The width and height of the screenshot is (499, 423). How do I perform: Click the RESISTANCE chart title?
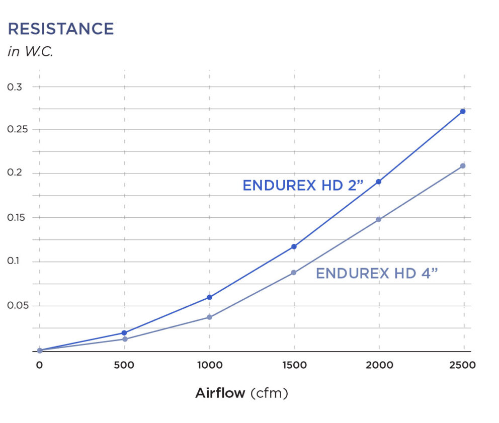tap(61, 29)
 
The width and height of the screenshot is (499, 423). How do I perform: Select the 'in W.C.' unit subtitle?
tap(30, 52)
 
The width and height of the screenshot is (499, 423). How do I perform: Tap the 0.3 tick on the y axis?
tap(15, 87)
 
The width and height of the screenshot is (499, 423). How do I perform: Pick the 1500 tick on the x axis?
tap(294, 365)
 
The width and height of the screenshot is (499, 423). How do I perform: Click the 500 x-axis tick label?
tap(124, 365)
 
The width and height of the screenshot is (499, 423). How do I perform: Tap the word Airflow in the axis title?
tap(220, 393)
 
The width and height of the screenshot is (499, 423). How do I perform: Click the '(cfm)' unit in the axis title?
tap(269, 393)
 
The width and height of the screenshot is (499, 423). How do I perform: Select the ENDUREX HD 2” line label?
tap(302, 186)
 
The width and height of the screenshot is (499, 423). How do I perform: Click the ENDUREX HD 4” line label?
tap(377, 274)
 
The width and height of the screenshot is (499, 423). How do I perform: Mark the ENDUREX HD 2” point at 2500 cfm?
tap(463, 111)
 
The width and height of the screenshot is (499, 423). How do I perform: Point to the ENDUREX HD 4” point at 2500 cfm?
tap(463, 165)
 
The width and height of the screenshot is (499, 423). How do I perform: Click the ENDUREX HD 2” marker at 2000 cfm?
tap(378, 182)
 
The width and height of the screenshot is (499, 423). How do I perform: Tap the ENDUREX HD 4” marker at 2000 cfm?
tap(378, 219)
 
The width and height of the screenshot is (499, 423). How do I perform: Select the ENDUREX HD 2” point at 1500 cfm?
tap(294, 246)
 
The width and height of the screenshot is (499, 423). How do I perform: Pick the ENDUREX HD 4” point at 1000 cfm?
tap(209, 317)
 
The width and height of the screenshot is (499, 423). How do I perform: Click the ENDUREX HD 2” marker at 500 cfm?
tap(124, 332)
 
